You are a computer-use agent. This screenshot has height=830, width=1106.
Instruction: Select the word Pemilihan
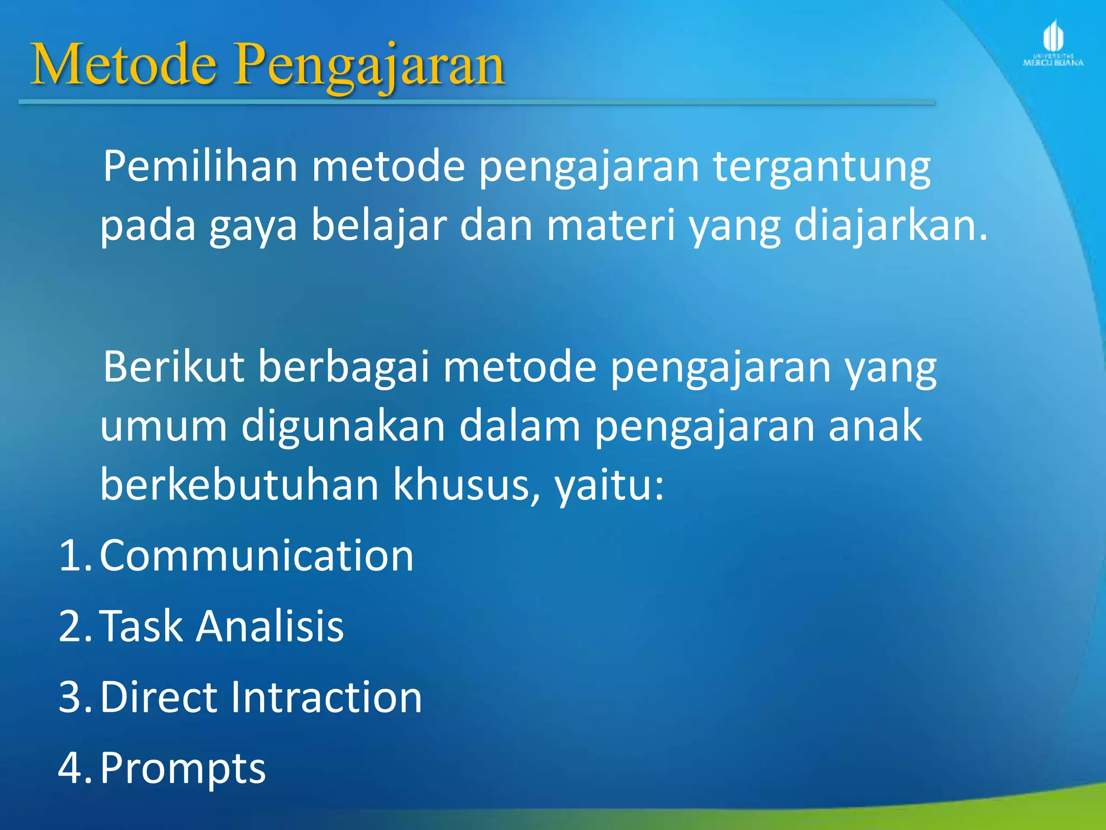pos(200,166)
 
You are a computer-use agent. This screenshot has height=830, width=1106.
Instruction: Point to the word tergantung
pos(822,168)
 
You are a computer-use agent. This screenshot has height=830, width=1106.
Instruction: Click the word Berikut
pos(174,367)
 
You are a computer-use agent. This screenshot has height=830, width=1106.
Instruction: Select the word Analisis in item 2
pos(269,626)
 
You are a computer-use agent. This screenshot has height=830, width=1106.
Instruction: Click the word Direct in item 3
pos(159,697)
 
